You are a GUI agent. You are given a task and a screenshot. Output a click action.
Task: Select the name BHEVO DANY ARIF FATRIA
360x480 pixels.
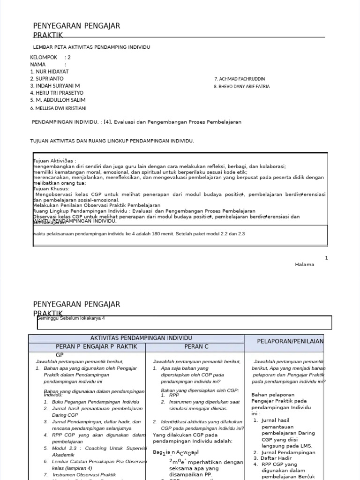pyautogui.click(x=242, y=87)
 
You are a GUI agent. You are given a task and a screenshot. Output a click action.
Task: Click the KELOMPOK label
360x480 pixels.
pyautogui.click(x=43, y=58)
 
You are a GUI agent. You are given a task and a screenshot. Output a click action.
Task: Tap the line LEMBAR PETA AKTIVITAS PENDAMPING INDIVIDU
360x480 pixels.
pyautogui.click(x=91, y=47)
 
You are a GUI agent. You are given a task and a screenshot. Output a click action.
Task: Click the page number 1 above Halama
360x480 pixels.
pyautogui.click(x=326, y=258)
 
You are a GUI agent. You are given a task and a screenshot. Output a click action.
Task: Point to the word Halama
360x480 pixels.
pyautogui.click(x=304, y=264)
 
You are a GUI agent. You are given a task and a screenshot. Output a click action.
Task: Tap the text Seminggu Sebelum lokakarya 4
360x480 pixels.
pyautogui.click(x=71, y=318)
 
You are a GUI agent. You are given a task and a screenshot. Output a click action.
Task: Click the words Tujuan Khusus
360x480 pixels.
pyautogui.click(x=51, y=189)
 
